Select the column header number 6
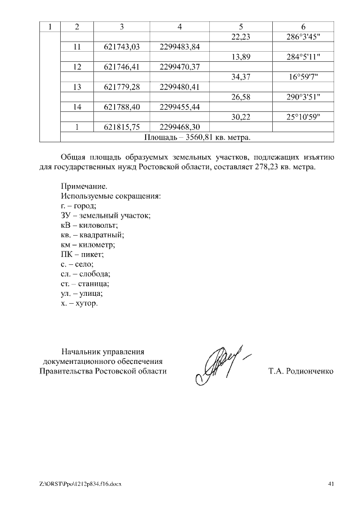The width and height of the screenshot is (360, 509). point(303,26)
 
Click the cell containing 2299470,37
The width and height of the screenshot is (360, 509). point(180,67)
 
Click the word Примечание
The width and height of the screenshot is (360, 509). point(83,186)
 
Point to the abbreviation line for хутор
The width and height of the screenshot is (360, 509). point(79,303)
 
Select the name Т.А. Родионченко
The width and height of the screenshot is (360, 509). point(301,372)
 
